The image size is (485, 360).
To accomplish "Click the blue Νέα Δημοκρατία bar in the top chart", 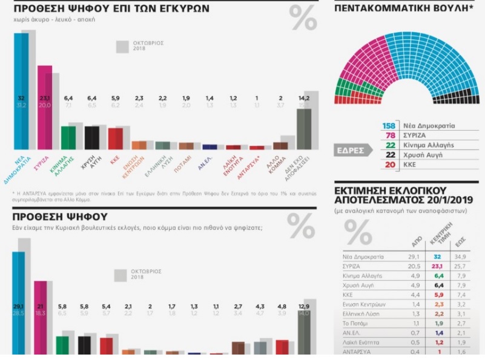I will [21, 91].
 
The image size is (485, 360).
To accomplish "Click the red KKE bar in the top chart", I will [115, 138].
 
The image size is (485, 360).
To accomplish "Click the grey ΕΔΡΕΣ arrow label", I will [352, 150].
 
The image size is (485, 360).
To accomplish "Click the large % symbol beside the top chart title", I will [302, 20].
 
